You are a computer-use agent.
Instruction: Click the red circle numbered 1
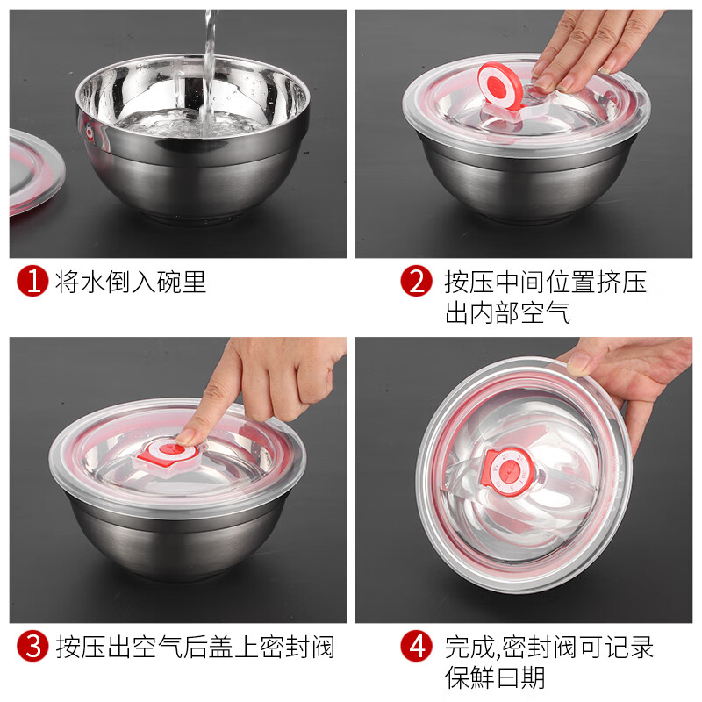click(x=32, y=281)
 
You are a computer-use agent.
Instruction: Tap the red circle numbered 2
click(x=416, y=281)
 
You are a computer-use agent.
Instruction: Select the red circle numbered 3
click(x=32, y=646)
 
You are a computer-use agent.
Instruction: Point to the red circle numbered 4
click(x=416, y=646)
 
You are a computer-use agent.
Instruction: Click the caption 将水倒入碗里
click(x=130, y=282)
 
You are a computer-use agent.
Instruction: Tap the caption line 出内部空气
click(x=507, y=312)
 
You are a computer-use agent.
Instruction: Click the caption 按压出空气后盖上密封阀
click(x=195, y=647)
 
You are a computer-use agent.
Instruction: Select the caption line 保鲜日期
click(x=495, y=677)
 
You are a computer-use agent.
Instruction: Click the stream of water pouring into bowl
click(x=208, y=72)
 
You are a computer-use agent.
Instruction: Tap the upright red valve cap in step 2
click(x=499, y=86)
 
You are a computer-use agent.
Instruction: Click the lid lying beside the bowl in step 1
click(x=36, y=171)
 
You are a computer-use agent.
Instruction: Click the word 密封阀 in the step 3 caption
click(x=297, y=647)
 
